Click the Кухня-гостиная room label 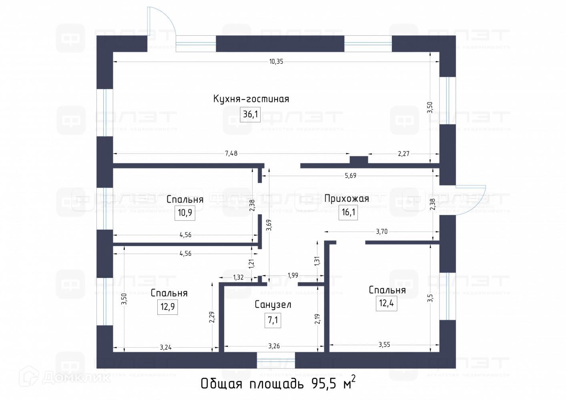coord(251,99)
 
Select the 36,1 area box coord(251,114)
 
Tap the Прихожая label coord(347,198)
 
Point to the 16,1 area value coord(348,212)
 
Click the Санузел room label coord(273,304)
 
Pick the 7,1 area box coord(273,320)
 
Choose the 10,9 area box coord(185,212)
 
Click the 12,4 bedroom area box coord(386,303)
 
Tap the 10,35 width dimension coord(276,62)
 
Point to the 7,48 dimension coord(231,153)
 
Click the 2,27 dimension coord(403,153)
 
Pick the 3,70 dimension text coord(381,231)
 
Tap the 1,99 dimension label coord(293,275)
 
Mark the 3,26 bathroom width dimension coord(274,346)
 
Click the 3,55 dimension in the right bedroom coord(384,344)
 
